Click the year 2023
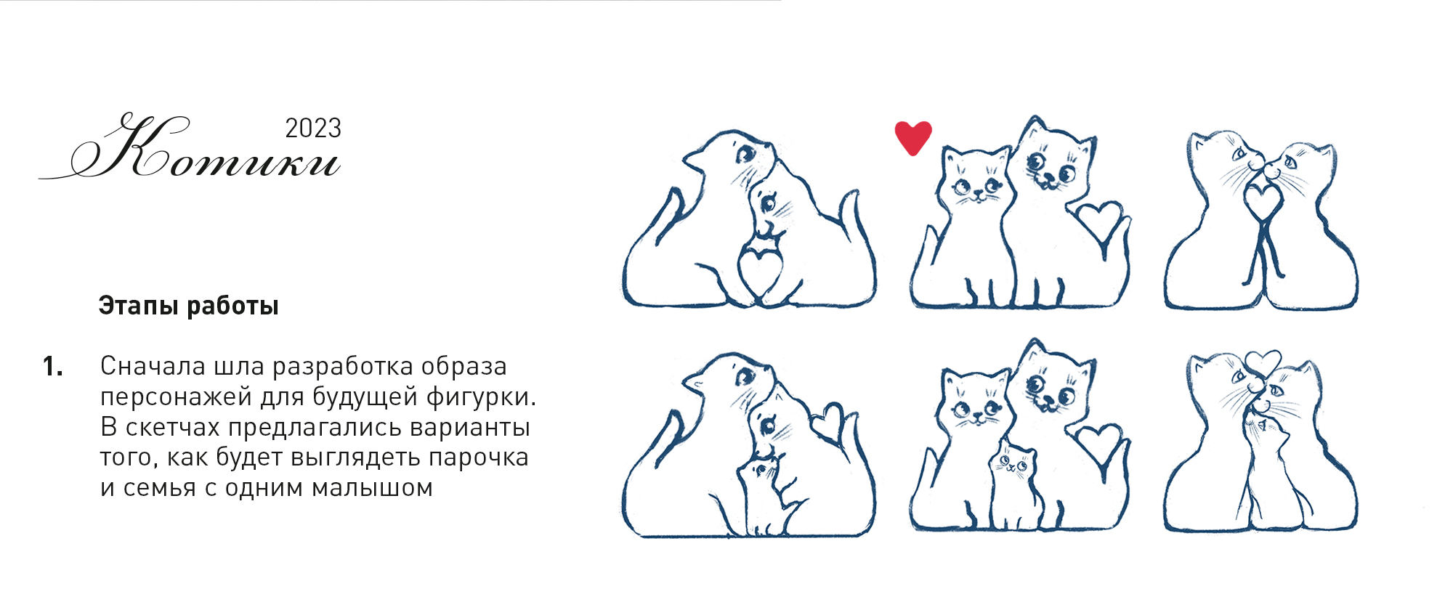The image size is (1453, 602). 313,129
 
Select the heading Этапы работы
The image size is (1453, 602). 189,306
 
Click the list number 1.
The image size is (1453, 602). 52,367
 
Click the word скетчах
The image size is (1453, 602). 174,427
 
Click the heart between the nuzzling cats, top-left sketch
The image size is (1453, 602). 760,269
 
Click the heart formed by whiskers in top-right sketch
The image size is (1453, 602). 1263,200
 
